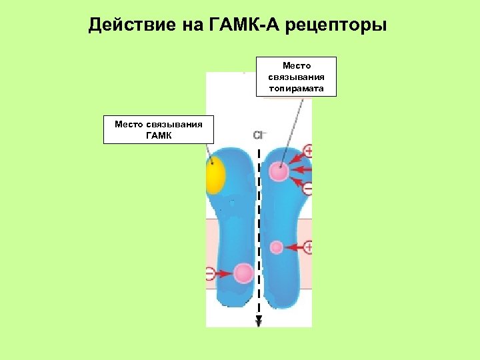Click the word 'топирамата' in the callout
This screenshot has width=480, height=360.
tap(296, 87)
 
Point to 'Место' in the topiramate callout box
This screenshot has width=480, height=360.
tap(296, 66)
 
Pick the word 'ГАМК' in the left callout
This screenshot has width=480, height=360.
tap(158, 135)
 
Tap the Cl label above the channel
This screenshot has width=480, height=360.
tap(259, 135)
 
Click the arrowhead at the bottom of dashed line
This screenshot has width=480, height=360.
tap(259, 323)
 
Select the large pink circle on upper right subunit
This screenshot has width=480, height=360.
tap(279, 171)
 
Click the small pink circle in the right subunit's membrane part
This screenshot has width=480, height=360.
tap(277, 247)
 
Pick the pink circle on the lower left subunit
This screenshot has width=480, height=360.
tap(244, 273)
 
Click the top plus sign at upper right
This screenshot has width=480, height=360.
tap(308, 151)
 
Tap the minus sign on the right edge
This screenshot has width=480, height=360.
tap(308, 189)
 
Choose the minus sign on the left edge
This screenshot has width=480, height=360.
tap(209, 273)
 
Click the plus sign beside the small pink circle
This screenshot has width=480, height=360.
tap(308, 247)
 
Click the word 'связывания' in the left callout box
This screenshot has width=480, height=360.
tap(179, 123)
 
